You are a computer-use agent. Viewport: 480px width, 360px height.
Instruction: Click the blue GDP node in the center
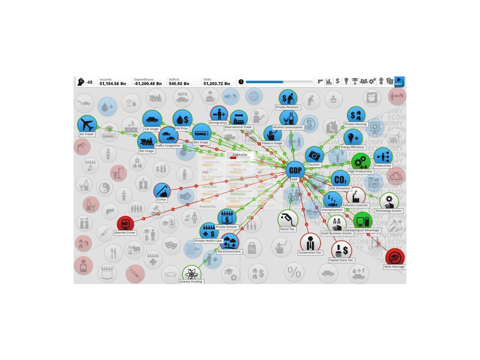(295, 170)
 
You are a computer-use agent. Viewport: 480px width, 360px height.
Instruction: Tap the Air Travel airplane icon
(87, 125)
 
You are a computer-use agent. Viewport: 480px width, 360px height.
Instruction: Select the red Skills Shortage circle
(395, 257)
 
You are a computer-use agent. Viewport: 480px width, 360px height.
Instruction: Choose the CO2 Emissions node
(340, 180)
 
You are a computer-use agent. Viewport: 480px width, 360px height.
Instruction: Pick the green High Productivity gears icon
(360, 162)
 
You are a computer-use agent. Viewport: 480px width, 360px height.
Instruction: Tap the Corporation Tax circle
(310, 242)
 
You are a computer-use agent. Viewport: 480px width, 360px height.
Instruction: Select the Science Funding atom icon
(191, 273)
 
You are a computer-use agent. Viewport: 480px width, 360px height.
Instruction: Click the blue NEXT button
(398, 82)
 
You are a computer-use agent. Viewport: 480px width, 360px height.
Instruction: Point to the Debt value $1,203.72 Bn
(217, 83)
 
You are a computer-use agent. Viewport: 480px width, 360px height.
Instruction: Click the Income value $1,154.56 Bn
(112, 83)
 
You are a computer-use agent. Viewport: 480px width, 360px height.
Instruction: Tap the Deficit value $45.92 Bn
(179, 83)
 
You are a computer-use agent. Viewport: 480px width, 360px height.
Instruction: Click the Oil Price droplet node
(182, 119)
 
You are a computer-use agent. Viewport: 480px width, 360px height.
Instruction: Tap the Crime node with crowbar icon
(162, 191)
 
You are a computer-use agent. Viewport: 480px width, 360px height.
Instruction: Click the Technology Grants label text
(389, 211)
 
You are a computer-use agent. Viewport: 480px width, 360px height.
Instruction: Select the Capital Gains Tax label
(341, 260)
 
